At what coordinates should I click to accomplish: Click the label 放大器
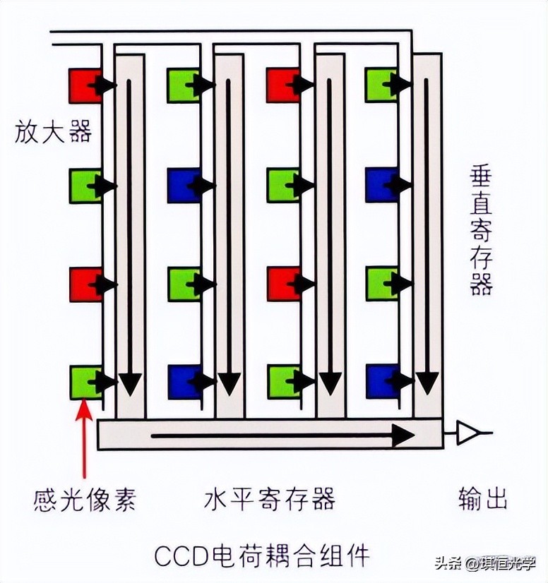[53, 132]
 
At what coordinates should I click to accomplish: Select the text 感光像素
[84, 500]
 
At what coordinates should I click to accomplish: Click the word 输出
[482, 500]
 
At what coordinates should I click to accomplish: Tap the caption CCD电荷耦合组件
[261, 555]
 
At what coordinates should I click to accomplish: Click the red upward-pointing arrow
[85, 438]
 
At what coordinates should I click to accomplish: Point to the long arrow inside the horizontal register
[282, 435]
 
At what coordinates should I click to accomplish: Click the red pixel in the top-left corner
[84, 85]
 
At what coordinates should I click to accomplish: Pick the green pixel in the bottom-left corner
[84, 382]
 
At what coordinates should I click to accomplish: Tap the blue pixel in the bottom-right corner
[381, 382]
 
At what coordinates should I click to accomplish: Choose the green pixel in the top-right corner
[381, 85]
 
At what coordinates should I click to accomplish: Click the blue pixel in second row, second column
[183, 186]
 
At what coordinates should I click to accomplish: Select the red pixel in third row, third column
[282, 284]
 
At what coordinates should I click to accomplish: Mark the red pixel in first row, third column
[282, 85]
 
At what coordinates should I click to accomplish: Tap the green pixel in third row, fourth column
[381, 284]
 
